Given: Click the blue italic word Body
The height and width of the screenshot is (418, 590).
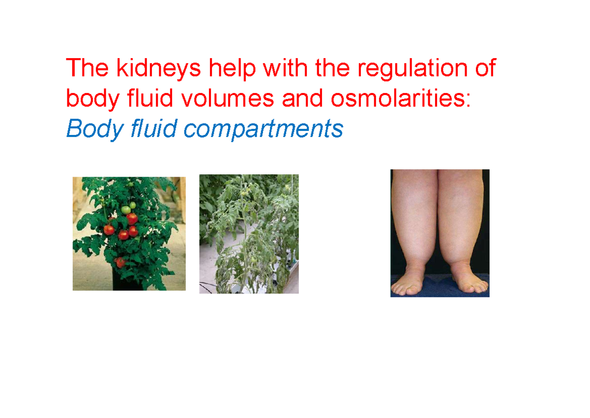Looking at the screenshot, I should (94, 129).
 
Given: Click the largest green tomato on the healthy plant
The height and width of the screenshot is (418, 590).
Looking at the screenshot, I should (126, 210).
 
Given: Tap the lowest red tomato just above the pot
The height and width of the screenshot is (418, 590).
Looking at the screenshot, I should (119, 262).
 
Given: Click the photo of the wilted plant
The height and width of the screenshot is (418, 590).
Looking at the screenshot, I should (249, 234).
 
